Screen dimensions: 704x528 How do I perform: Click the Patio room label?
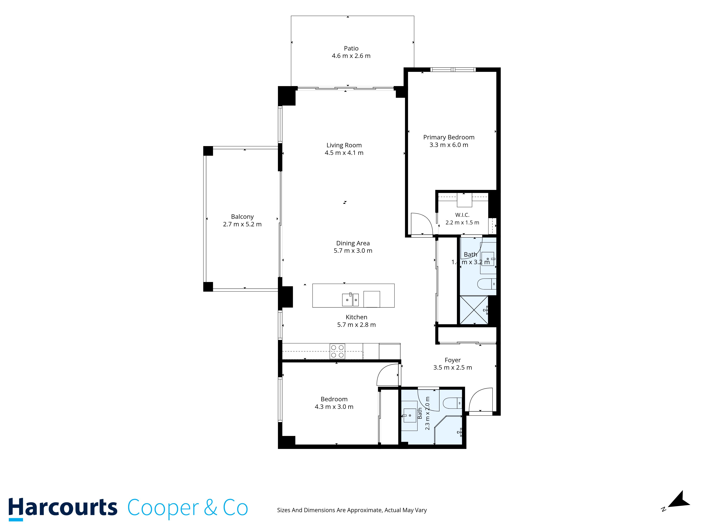point(351,48)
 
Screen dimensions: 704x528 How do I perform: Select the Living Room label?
point(344,145)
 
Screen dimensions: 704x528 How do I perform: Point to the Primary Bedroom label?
point(449,137)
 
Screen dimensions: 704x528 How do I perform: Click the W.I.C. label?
point(462,215)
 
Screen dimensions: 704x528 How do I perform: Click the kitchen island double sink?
point(350,300)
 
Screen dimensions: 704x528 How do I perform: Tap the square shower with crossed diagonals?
point(474,310)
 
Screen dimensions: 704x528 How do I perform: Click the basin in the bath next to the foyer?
point(410,415)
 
